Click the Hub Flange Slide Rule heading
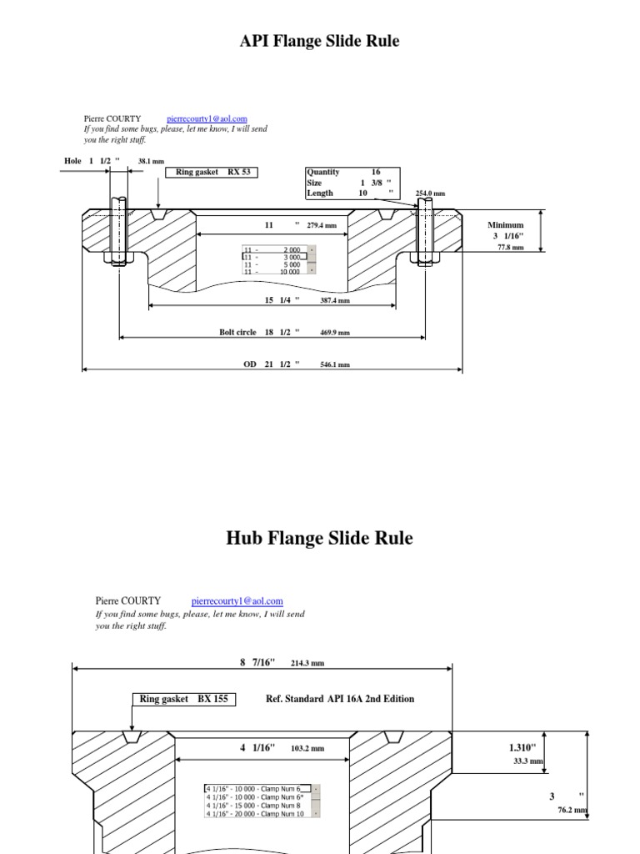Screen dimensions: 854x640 pos(319,538)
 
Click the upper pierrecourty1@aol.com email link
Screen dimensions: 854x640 pos(207,119)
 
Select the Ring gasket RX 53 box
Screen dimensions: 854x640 pos(212,172)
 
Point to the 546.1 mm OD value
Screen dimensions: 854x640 pos(335,364)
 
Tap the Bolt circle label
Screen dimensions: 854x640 pos(237,332)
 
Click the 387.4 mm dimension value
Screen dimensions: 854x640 pos(335,300)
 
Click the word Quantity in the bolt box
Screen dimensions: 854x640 pos(322,172)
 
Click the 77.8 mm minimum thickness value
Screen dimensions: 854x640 pos(510,247)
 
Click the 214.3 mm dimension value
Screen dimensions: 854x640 pos(307,663)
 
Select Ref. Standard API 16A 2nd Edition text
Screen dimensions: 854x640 pos(338,699)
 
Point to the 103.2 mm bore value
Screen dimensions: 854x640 pos(307,749)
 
